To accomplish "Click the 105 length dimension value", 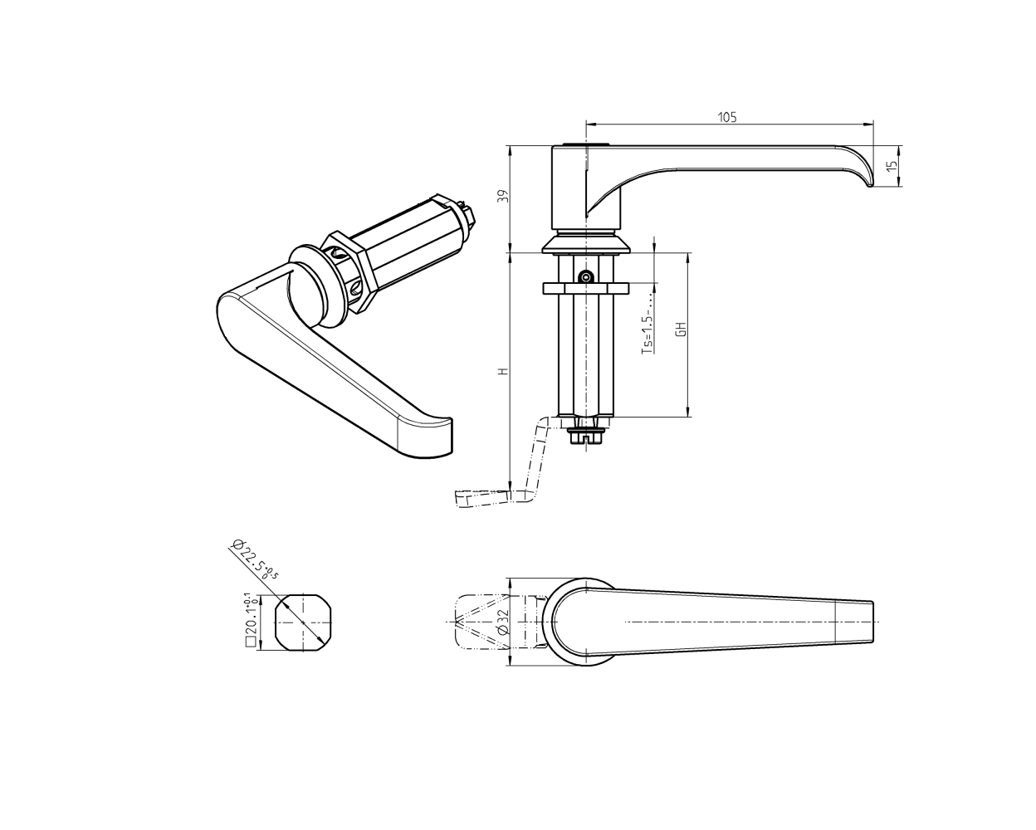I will [x=727, y=117].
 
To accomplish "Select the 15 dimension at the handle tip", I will [x=892, y=166].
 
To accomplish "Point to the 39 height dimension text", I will [x=501, y=197].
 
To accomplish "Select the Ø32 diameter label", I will [x=502, y=622].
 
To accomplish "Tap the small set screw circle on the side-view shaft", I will [x=587, y=276].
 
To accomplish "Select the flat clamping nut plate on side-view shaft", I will [x=586, y=288].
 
